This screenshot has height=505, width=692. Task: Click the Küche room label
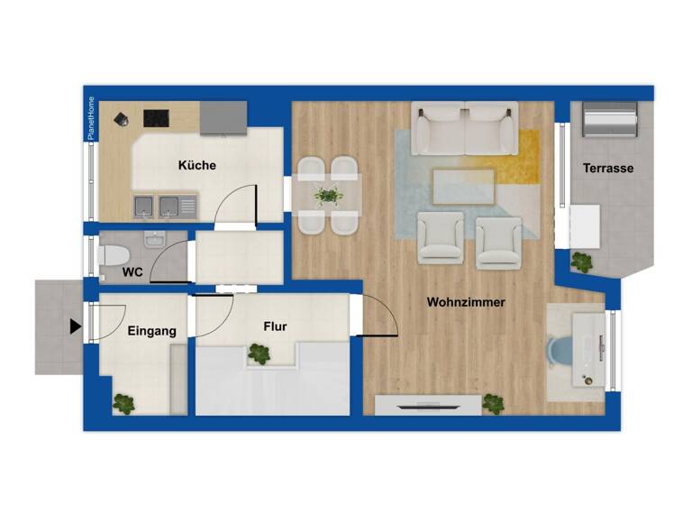(196, 166)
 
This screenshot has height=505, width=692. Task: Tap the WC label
(132, 271)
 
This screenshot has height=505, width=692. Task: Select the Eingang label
(151, 331)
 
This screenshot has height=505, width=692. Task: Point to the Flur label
(275, 326)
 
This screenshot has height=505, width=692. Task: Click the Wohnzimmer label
(466, 302)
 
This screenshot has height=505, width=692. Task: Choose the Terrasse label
(607, 169)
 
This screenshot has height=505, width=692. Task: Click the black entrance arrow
(75, 326)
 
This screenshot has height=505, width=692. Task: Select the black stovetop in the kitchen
(158, 117)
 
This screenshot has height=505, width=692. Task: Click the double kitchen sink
(164, 207)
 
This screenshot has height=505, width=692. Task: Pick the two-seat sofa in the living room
(465, 127)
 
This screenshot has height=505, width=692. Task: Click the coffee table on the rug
(464, 187)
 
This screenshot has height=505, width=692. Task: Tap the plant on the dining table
(328, 195)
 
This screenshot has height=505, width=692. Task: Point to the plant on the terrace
(582, 262)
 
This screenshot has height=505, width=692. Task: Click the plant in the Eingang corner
(124, 403)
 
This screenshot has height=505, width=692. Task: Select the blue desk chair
(562, 352)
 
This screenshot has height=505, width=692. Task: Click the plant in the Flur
(259, 354)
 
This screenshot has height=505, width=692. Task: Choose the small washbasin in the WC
(154, 240)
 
